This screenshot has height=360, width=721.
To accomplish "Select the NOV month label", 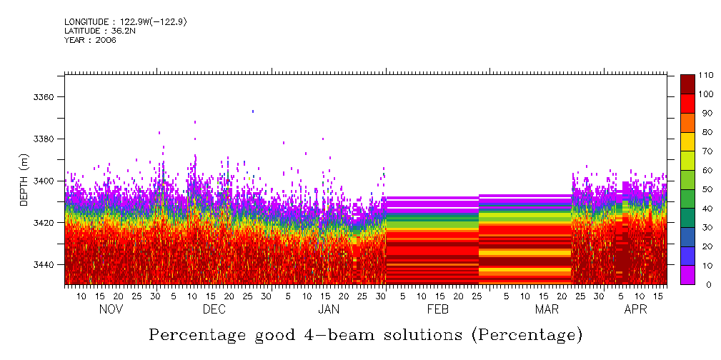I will point(111,310).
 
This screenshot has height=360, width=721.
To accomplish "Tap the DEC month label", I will point(214,310).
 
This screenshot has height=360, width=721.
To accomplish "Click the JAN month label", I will point(329,310).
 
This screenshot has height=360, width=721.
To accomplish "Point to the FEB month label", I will point(437,310).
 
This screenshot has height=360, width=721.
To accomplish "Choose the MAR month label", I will point(547,310).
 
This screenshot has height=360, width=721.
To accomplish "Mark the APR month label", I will point(636,310).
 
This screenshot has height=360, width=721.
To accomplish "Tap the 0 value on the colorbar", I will point(702,284).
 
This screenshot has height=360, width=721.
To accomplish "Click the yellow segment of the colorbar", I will point(687,141).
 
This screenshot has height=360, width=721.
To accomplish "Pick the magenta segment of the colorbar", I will point(687,275).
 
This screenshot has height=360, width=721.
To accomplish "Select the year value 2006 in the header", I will point(106,40).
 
